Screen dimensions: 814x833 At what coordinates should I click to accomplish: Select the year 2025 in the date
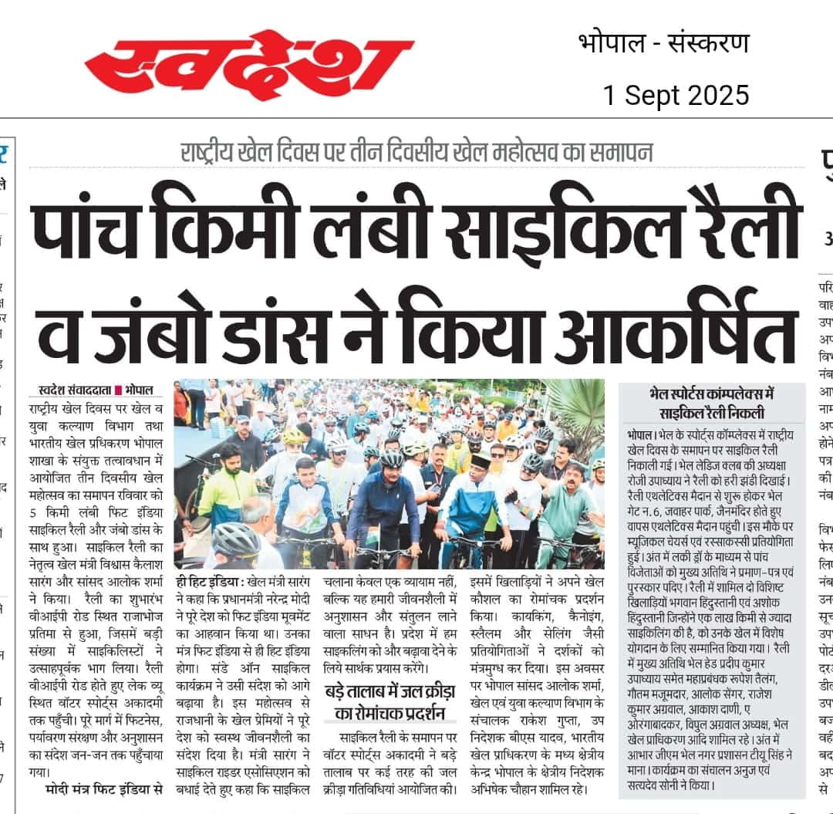tap(711, 95)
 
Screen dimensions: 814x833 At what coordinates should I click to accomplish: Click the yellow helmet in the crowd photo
tap(293, 437)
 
